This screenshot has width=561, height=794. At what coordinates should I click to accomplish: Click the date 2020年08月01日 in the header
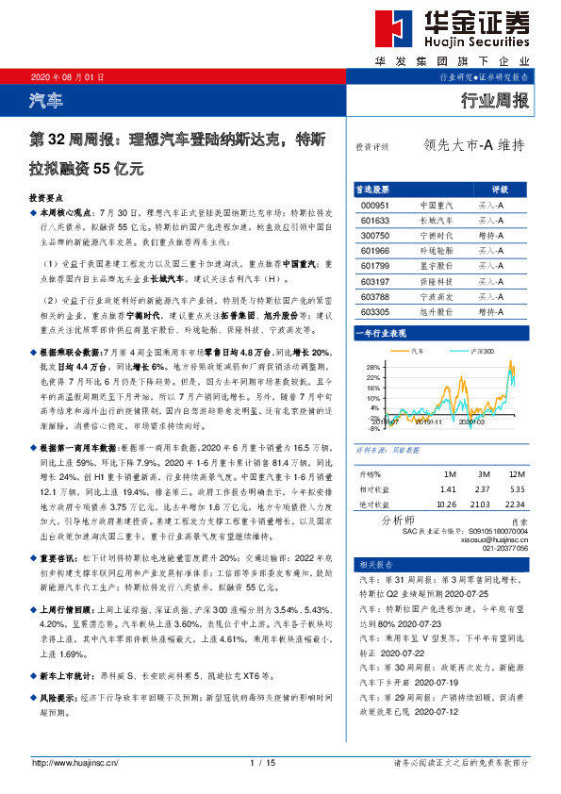tap(59, 76)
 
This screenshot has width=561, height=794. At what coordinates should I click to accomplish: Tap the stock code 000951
tap(374, 205)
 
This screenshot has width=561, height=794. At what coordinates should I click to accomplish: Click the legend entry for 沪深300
tap(482, 350)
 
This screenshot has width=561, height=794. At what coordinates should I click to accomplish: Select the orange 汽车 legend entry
tap(416, 350)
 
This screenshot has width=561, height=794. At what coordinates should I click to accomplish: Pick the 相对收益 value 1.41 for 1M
tap(448, 490)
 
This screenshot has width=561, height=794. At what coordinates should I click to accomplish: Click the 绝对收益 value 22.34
tap(514, 505)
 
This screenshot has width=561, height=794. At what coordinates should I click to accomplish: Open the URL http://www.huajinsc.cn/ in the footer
tap(72, 762)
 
